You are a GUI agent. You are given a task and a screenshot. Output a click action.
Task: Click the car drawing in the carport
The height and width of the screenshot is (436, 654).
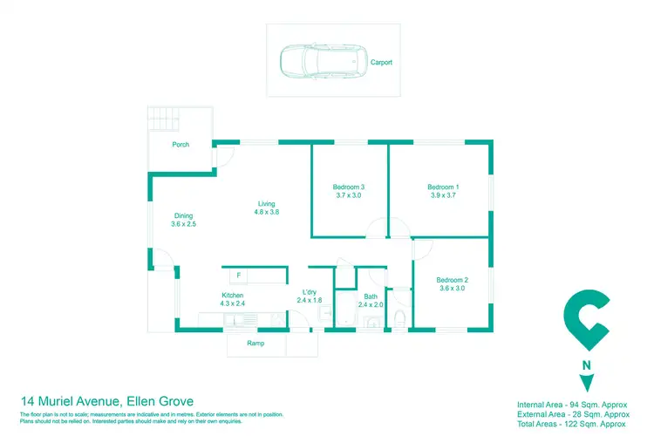312,62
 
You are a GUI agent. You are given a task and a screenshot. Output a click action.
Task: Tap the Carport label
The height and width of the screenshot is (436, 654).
381,63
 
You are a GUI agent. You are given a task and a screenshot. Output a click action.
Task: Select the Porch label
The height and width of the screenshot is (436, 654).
181,145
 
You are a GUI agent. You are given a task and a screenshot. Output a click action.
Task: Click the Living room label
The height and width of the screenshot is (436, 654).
266,203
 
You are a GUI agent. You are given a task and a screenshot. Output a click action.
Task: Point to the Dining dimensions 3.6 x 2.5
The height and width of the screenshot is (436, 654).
183,225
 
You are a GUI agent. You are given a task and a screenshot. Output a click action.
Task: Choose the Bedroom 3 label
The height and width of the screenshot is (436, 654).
348,187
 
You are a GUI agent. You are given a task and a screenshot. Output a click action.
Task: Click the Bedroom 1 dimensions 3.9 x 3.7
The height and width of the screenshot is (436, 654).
442,196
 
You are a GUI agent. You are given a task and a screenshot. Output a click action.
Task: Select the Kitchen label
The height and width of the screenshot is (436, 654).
232,296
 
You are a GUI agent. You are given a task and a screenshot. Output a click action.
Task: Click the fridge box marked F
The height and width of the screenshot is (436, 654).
237,276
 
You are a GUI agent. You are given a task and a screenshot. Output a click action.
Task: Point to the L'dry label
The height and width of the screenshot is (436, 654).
309,292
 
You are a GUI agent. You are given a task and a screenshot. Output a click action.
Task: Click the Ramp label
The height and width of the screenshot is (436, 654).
255,344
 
